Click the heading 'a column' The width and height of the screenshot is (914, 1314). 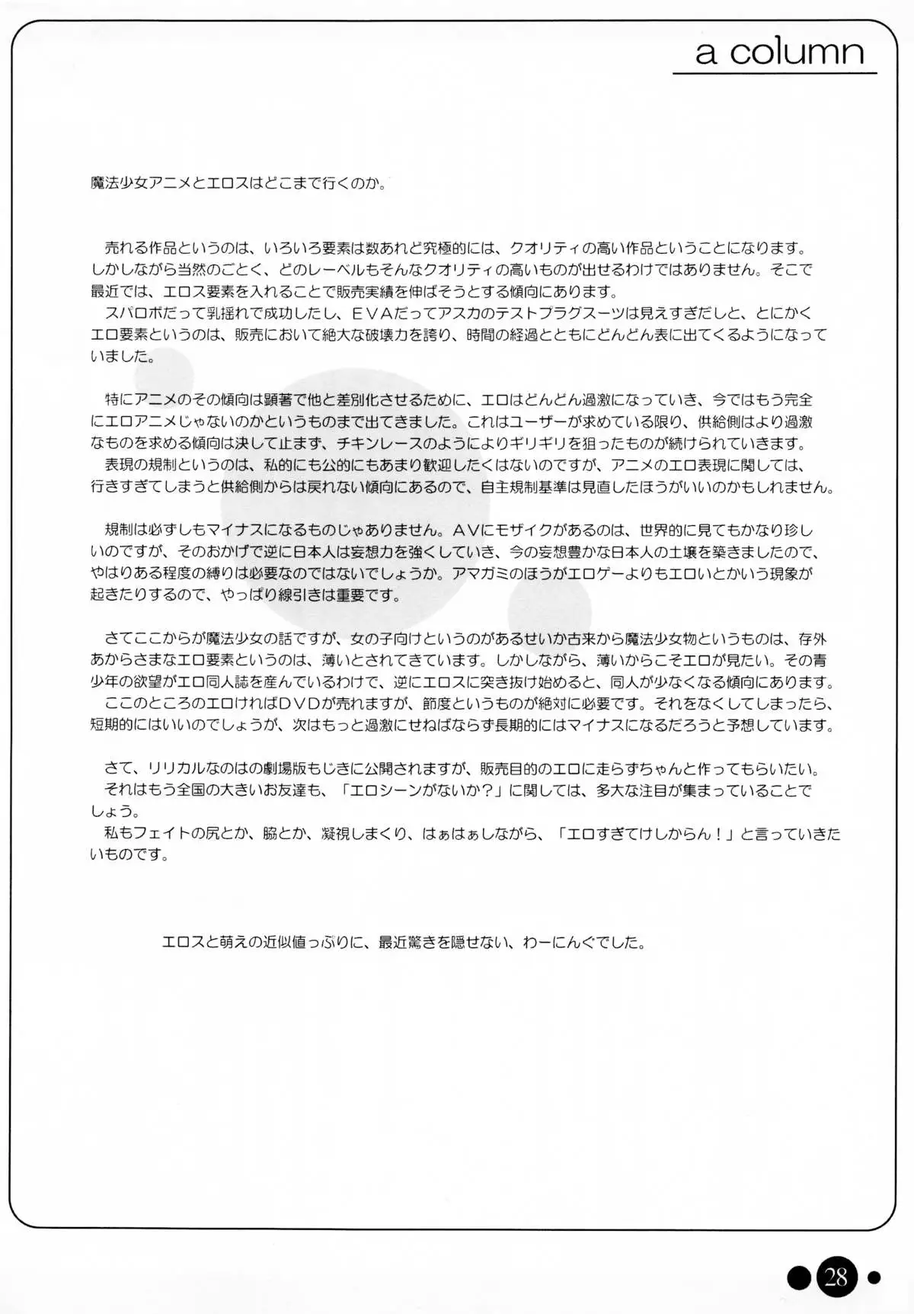point(779,52)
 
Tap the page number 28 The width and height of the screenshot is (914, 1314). point(836,1276)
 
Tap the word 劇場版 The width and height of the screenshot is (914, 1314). point(283,769)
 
